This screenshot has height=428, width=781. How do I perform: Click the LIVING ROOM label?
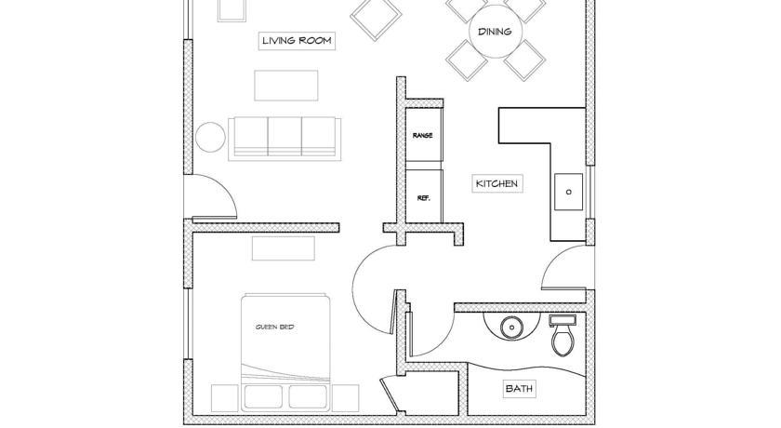point(297,40)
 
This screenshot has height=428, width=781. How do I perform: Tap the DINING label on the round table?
point(495,32)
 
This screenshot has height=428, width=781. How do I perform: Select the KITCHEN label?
point(496,183)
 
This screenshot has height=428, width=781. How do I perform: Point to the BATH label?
point(519,388)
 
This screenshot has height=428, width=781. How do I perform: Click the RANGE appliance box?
point(423,135)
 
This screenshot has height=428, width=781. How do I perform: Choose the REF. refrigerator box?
point(423,196)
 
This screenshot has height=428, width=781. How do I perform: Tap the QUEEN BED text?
point(274,327)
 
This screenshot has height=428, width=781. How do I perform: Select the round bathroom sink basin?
point(510,328)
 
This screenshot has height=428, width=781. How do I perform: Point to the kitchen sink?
point(568,192)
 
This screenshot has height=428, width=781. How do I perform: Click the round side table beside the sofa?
point(210,137)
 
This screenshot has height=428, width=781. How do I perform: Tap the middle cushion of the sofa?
point(285,136)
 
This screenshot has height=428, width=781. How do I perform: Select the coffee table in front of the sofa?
point(286,86)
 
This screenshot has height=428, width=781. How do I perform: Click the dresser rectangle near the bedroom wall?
point(284,248)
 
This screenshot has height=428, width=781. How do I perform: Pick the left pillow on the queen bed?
point(263,397)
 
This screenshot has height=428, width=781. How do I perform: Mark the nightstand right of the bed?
point(345,398)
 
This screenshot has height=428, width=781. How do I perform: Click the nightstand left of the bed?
point(225,398)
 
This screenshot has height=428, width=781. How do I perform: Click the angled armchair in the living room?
point(376,18)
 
